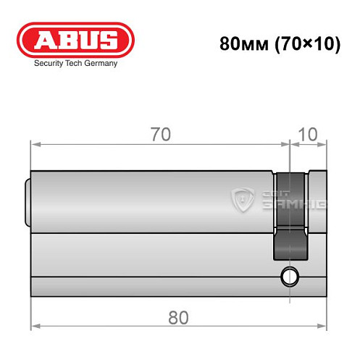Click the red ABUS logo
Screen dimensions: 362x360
tap(75, 39)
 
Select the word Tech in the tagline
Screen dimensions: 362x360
tap(75, 63)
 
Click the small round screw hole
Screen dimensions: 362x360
tap(290, 275)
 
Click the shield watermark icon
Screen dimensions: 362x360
tap(243, 199)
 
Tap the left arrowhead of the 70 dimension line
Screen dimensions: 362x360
tap(33, 143)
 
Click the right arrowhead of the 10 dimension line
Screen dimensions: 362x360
tap(324, 143)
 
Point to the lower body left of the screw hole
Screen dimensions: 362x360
tap(152, 257)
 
